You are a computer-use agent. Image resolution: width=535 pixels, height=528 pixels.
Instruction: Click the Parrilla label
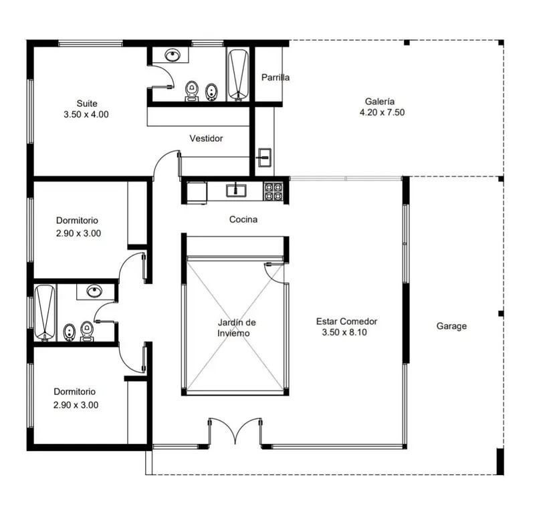(276, 78)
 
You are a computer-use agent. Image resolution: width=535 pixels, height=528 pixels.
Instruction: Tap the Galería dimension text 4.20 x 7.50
(382, 112)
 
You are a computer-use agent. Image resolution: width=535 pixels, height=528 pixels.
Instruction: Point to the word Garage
(451, 326)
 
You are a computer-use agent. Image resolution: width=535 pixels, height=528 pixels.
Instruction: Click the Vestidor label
(206, 138)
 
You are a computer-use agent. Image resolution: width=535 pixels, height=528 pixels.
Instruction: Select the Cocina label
(243, 219)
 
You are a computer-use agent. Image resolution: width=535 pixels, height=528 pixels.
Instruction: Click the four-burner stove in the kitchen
(274, 191)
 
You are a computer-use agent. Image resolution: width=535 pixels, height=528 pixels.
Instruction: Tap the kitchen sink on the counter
(236, 190)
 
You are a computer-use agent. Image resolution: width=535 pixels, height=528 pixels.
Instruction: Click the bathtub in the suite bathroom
(238, 75)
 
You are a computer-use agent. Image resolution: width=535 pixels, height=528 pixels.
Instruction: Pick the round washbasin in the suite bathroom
(173, 55)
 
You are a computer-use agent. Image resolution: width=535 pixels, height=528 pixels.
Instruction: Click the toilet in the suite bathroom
(192, 90)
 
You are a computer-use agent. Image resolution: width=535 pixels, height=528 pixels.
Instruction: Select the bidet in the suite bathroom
(211, 92)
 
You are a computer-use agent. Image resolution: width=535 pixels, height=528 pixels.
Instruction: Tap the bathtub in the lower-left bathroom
(45, 313)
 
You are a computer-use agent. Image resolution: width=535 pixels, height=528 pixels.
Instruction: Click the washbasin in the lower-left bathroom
(94, 291)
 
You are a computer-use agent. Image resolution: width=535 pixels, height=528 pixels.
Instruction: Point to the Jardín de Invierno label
(236, 327)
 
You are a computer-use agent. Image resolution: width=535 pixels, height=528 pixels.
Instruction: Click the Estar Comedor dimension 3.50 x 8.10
(344, 332)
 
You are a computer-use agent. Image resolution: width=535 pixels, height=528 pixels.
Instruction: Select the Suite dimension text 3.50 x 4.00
(86, 114)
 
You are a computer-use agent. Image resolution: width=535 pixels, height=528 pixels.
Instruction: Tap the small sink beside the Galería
(264, 158)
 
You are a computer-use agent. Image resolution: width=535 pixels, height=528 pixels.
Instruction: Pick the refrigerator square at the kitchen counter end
(197, 192)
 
